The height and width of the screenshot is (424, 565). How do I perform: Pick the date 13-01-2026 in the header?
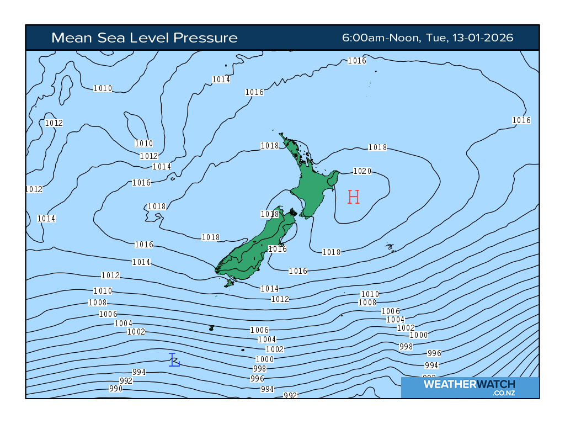point(483,38)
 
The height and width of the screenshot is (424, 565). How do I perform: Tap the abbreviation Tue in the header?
point(437,38)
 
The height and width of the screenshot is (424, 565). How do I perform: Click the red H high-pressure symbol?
point(354,197)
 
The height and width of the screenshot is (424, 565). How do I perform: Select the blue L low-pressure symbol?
point(174,360)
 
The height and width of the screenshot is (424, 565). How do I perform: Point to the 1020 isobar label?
point(362,171)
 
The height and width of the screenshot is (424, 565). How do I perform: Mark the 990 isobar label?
point(116,389)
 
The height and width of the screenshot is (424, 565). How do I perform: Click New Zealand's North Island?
point(312,188)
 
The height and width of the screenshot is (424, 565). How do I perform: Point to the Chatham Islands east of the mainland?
point(391,247)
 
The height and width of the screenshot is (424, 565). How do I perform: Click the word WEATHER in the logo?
point(447,384)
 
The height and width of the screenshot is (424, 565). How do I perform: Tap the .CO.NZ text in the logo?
point(504,393)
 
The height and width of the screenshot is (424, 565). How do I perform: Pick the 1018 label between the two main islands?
point(270,214)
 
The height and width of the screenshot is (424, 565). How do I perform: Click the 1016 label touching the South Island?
point(278,249)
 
